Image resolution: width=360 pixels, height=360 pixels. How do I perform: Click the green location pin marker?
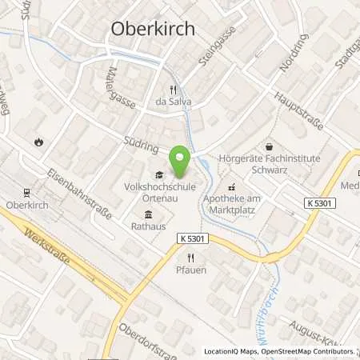pyautogui.click(x=181, y=162)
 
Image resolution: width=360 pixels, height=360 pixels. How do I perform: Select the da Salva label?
pyautogui.click(x=174, y=102)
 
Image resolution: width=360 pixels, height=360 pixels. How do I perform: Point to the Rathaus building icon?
pyautogui.click(x=149, y=214)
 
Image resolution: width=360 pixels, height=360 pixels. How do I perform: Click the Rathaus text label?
pyautogui.click(x=149, y=226)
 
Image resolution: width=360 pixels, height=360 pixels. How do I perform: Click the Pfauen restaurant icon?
pyautogui.click(x=190, y=258)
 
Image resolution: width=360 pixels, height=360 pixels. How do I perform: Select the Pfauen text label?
pyautogui.click(x=190, y=270)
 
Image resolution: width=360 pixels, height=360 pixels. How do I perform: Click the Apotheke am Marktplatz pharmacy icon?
pyautogui.click(x=232, y=186)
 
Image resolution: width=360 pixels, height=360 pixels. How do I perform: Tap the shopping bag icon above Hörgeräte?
pyautogui.click(x=269, y=146)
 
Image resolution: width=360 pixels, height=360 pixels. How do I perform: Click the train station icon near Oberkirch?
pyautogui.click(x=26, y=192)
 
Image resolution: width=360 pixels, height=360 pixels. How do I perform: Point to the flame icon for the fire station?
pyautogui.click(x=38, y=142)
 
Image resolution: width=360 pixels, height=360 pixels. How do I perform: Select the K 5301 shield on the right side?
pyautogui.click(x=320, y=204)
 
